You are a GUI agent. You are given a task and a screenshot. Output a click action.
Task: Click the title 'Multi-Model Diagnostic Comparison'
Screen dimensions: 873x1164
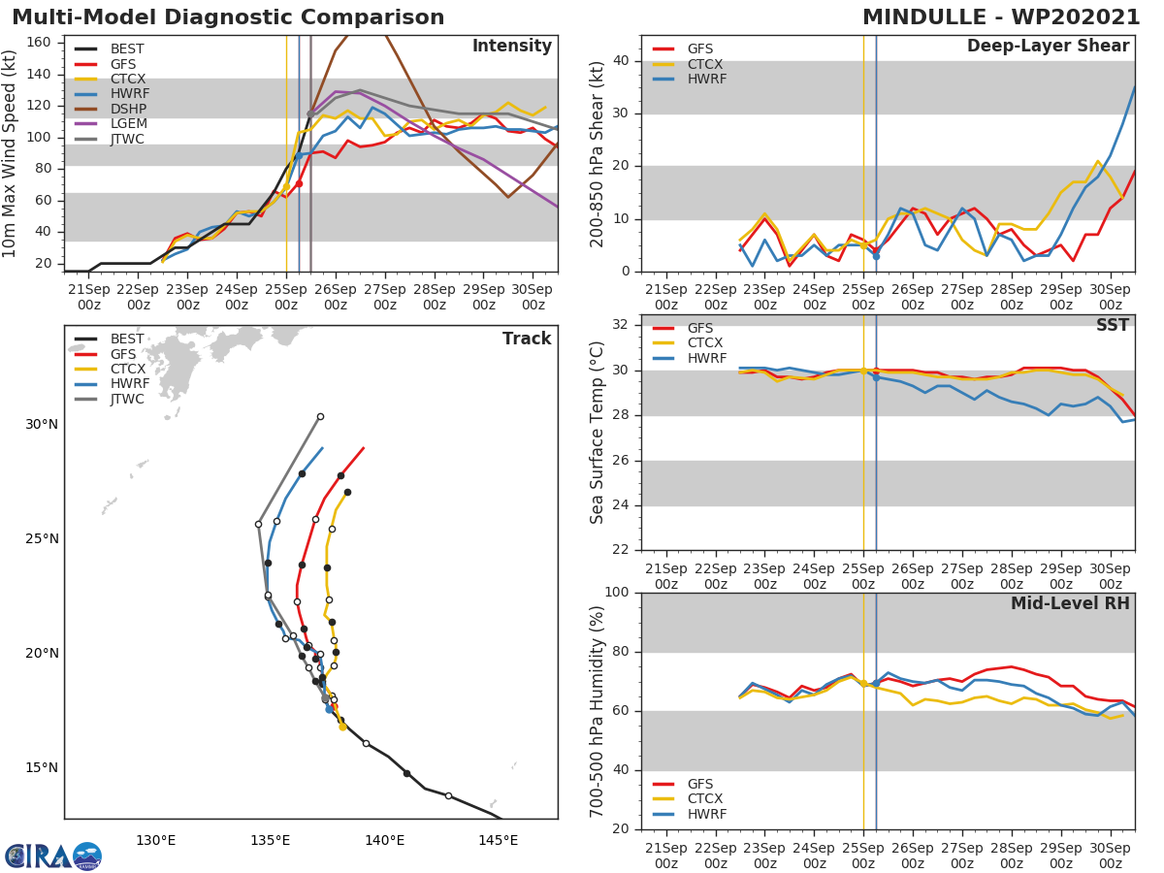pos(228,17)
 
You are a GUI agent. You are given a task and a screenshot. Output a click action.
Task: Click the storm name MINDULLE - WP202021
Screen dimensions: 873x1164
pos(1001,17)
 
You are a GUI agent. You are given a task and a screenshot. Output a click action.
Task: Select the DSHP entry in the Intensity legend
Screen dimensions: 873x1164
pos(127,110)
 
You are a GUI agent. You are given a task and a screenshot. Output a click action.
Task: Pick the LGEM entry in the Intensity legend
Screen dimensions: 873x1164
pos(127,124)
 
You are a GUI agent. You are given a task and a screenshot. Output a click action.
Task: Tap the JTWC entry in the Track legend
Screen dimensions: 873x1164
pos(127,400)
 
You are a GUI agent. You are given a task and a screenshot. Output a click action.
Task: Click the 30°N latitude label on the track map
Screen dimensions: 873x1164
pos(42,425)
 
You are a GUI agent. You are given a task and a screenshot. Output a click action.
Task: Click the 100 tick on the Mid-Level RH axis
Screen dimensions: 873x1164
pos(618,593)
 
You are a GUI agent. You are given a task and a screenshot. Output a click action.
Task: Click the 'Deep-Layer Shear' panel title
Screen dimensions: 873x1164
pos(1048,47)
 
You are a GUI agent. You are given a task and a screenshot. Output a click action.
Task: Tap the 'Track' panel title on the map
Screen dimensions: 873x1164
pos(527,339)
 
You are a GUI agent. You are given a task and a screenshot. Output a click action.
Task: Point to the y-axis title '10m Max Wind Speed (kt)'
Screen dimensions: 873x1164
pos(11,153)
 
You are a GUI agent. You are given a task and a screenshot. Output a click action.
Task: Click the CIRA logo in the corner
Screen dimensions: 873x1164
pos(52,856)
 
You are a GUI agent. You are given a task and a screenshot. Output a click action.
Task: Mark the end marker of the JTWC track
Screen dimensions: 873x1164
pos(320,417)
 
